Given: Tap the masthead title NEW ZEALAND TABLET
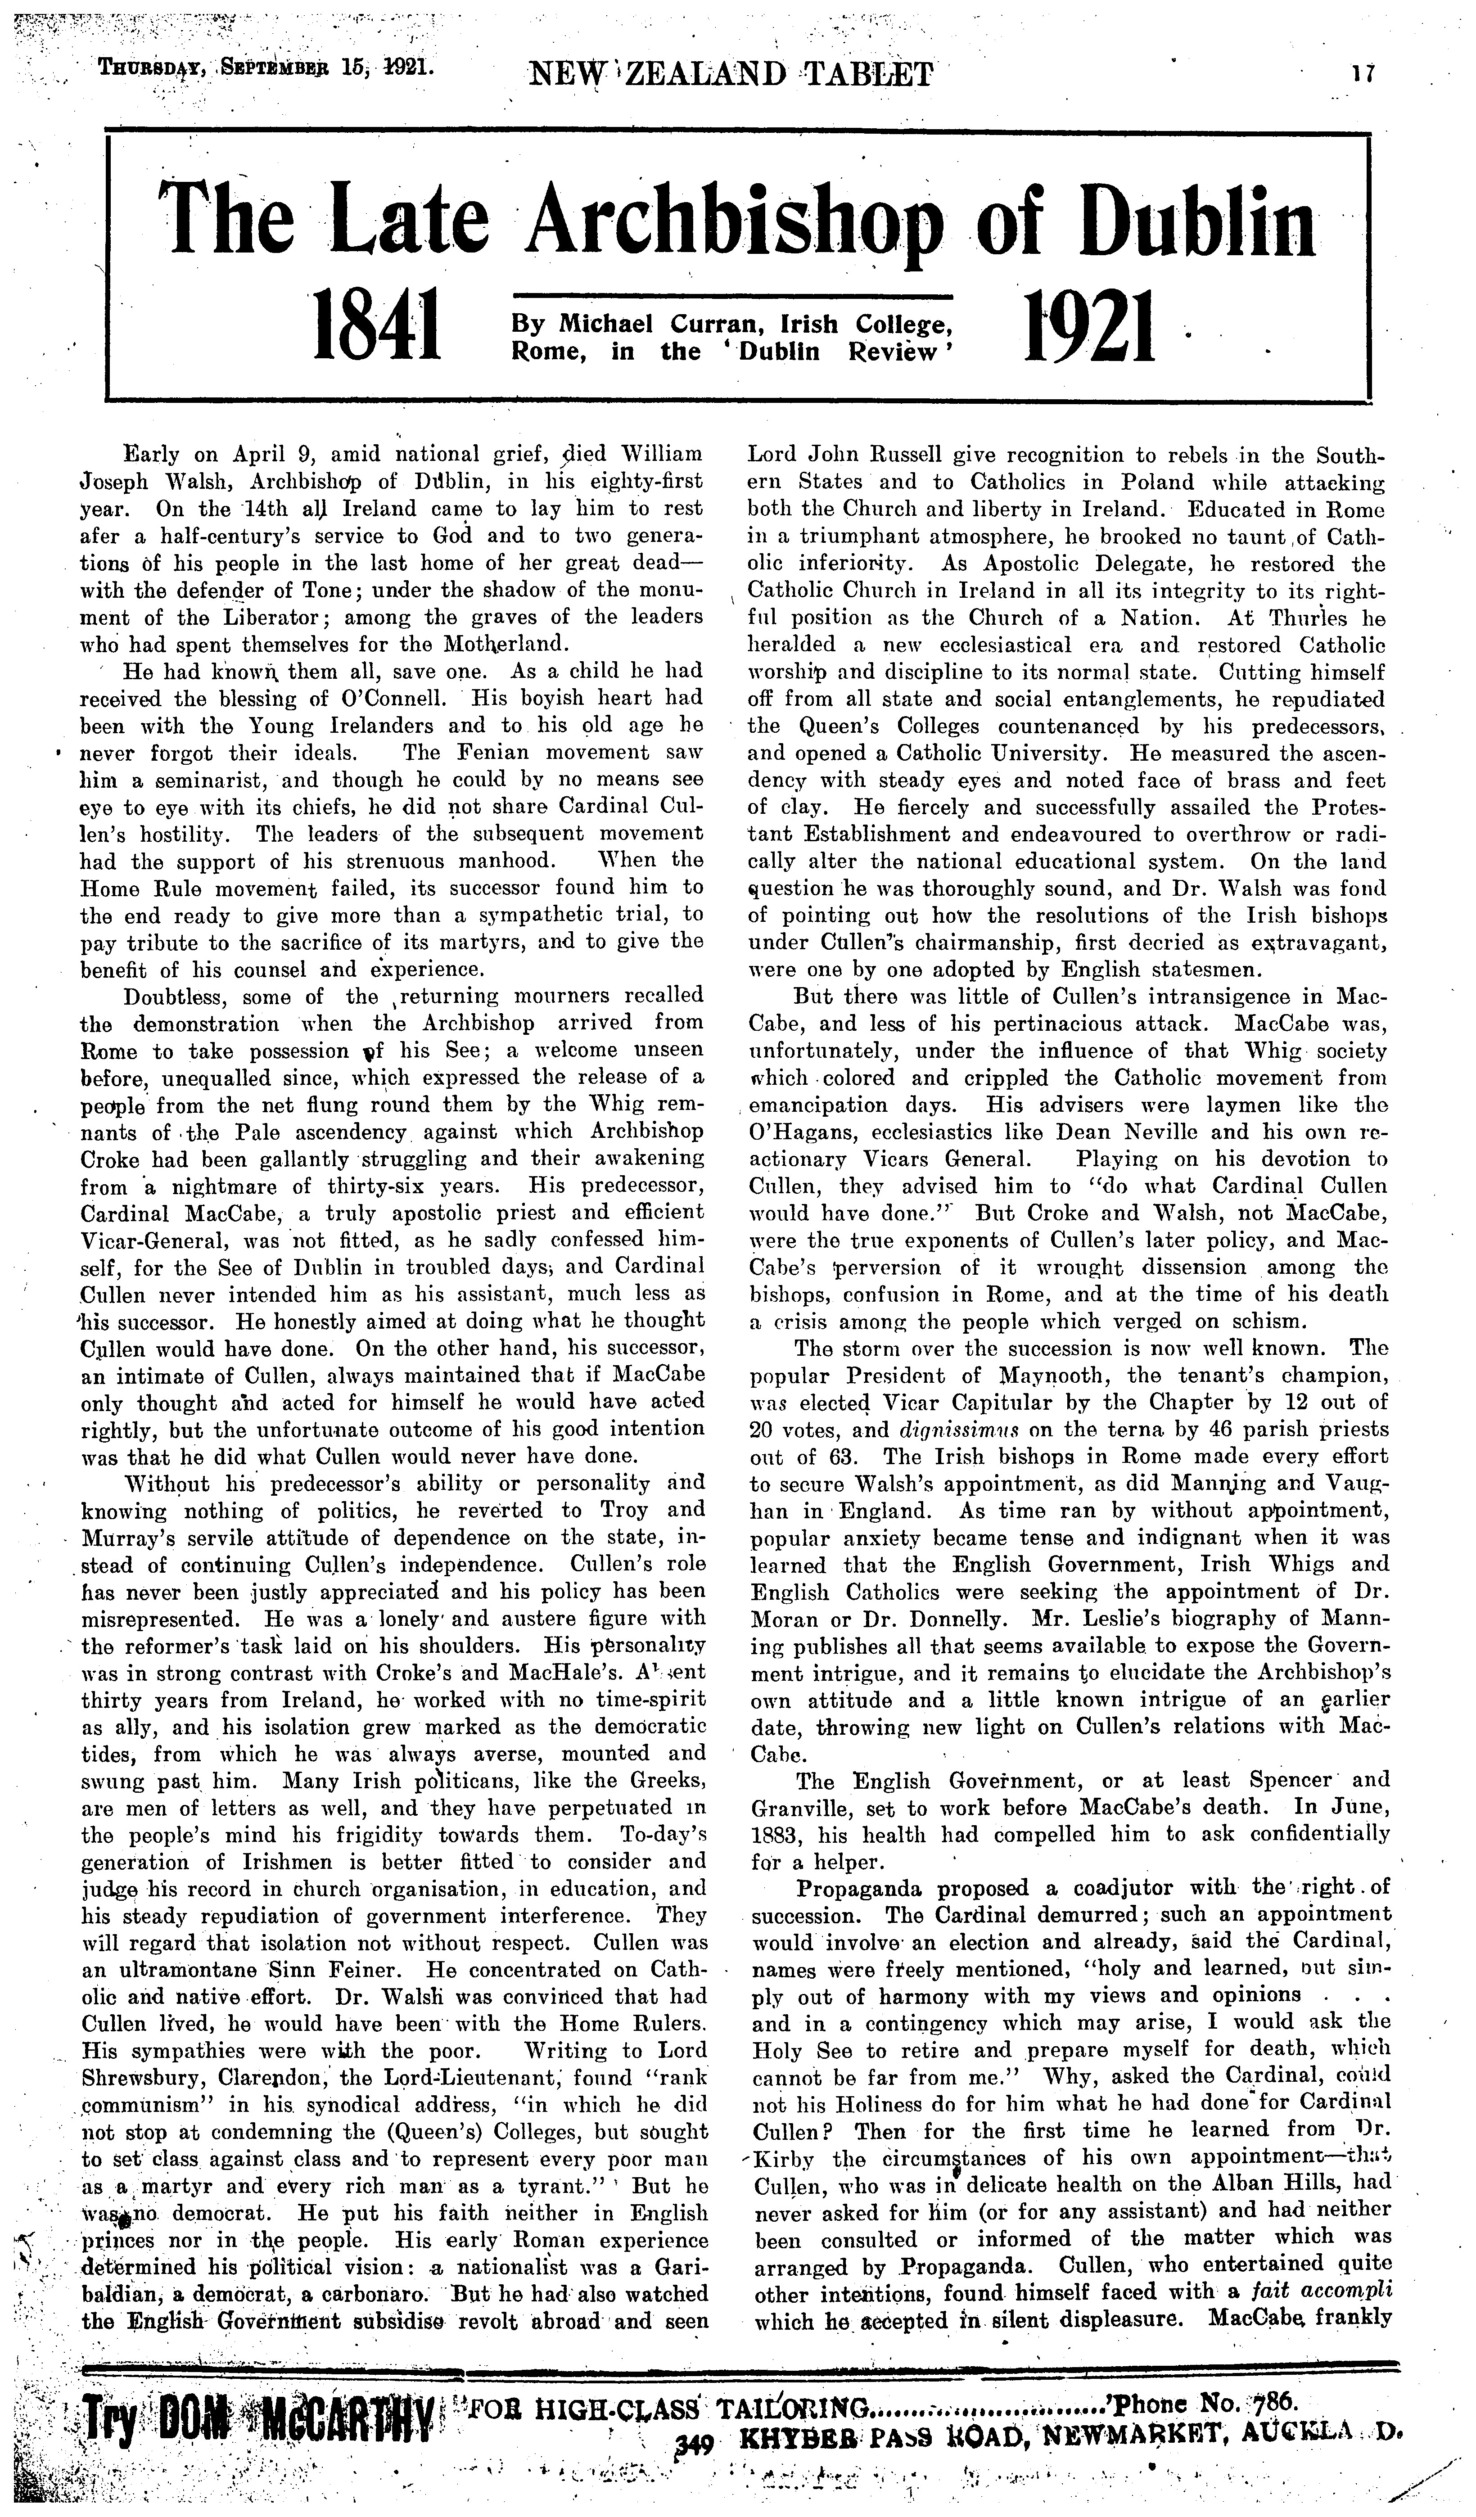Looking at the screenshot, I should (734, 74).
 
